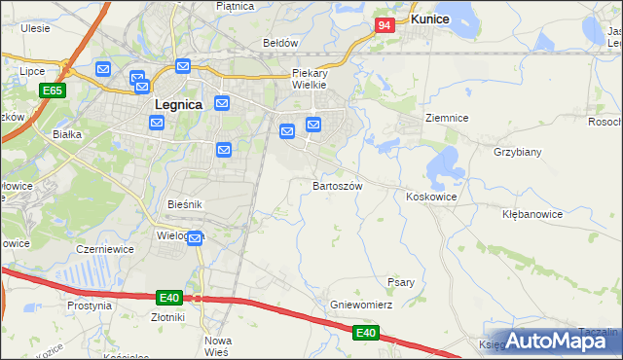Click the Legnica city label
pos(179,104)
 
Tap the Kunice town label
pos(429,18)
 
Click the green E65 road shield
pos(53,90)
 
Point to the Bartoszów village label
pos(338,185)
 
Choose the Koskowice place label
pos(431,197)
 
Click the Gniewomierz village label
pos(360,305)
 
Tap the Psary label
pos(401,282)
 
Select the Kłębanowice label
pos(532,213)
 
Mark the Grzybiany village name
pos(517,153)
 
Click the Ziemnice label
pos(447,118)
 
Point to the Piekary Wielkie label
pos(312,79)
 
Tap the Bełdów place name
pos(279,43)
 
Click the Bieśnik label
pos(184,204)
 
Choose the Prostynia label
pos(91,306)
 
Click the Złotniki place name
pos(168,316)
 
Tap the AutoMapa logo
pos(562,340)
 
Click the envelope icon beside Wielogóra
pos(195,237)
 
